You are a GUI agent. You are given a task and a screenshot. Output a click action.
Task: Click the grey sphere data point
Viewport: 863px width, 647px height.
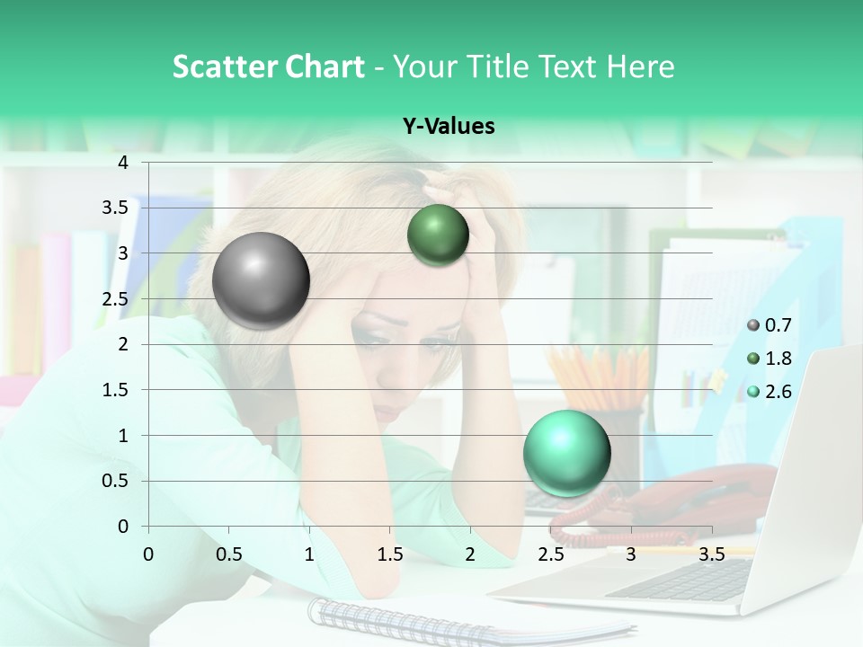261,280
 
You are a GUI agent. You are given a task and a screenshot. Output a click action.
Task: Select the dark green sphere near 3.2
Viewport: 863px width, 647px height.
438,235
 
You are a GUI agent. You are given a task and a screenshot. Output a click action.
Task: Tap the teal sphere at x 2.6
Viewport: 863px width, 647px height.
566,453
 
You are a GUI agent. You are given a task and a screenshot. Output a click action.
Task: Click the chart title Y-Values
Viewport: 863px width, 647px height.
448,127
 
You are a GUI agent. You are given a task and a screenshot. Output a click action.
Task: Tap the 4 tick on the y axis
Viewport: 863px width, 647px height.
123,163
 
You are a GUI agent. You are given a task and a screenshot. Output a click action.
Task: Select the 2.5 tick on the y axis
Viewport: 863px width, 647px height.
115,299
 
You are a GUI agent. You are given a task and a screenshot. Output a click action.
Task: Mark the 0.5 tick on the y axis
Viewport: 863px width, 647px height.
115,481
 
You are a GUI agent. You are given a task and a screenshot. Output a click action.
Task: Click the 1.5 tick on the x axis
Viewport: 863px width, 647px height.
389,554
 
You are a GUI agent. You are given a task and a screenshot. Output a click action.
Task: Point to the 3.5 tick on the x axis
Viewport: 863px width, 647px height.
711,554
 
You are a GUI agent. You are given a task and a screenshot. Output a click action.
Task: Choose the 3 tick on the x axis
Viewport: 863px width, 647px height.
631,554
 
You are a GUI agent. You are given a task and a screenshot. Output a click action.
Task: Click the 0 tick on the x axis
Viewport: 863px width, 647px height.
148,554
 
